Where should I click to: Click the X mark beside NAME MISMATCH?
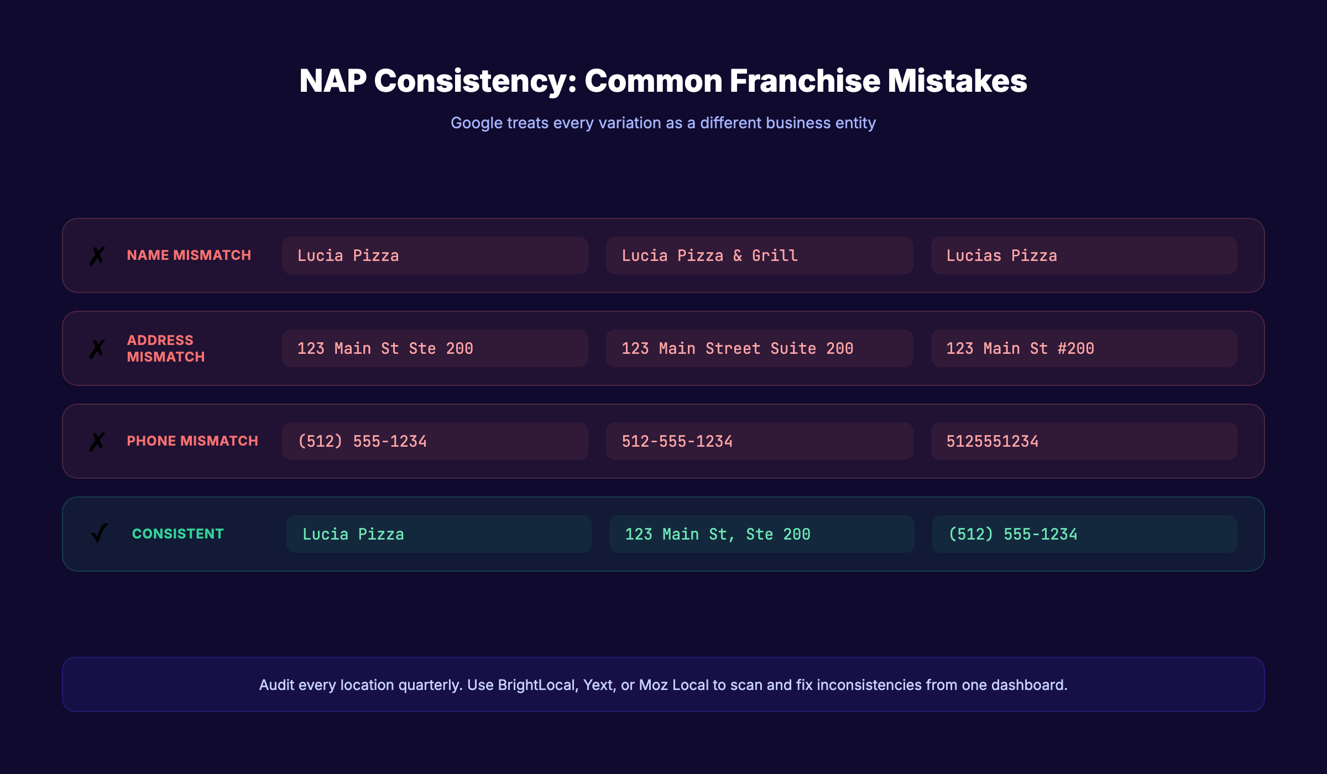(97, 256)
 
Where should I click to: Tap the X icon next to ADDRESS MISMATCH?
(97, 349)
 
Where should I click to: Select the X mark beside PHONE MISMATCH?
(97, 442)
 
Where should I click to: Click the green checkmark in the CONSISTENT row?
(100, 534)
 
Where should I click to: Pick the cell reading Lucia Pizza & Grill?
(759, 255)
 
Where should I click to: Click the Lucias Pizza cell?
(1084, 255)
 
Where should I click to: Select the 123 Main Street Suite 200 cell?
(759, 348)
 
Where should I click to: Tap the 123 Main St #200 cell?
(1084, 348)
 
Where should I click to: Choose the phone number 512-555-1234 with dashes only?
(759, 441)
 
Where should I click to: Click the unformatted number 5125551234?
(1084, 441)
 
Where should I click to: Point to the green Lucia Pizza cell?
(438, 534)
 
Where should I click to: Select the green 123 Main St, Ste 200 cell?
(761, 534)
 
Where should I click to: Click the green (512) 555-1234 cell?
(1084, 534)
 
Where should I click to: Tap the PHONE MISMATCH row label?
(192, 441)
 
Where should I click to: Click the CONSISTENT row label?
(177, 534)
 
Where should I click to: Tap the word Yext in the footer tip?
(598, 685)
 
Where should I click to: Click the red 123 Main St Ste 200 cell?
(435, 348)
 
